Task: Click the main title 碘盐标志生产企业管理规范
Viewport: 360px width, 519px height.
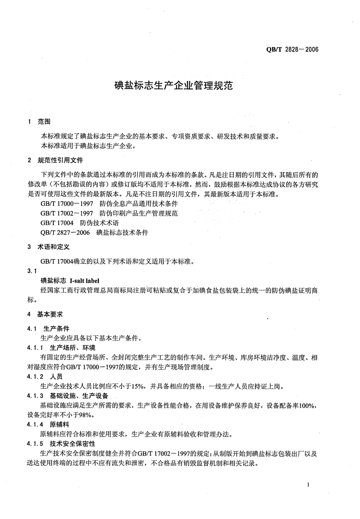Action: click(180, 86)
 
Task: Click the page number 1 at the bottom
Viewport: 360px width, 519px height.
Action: click(307, 484)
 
